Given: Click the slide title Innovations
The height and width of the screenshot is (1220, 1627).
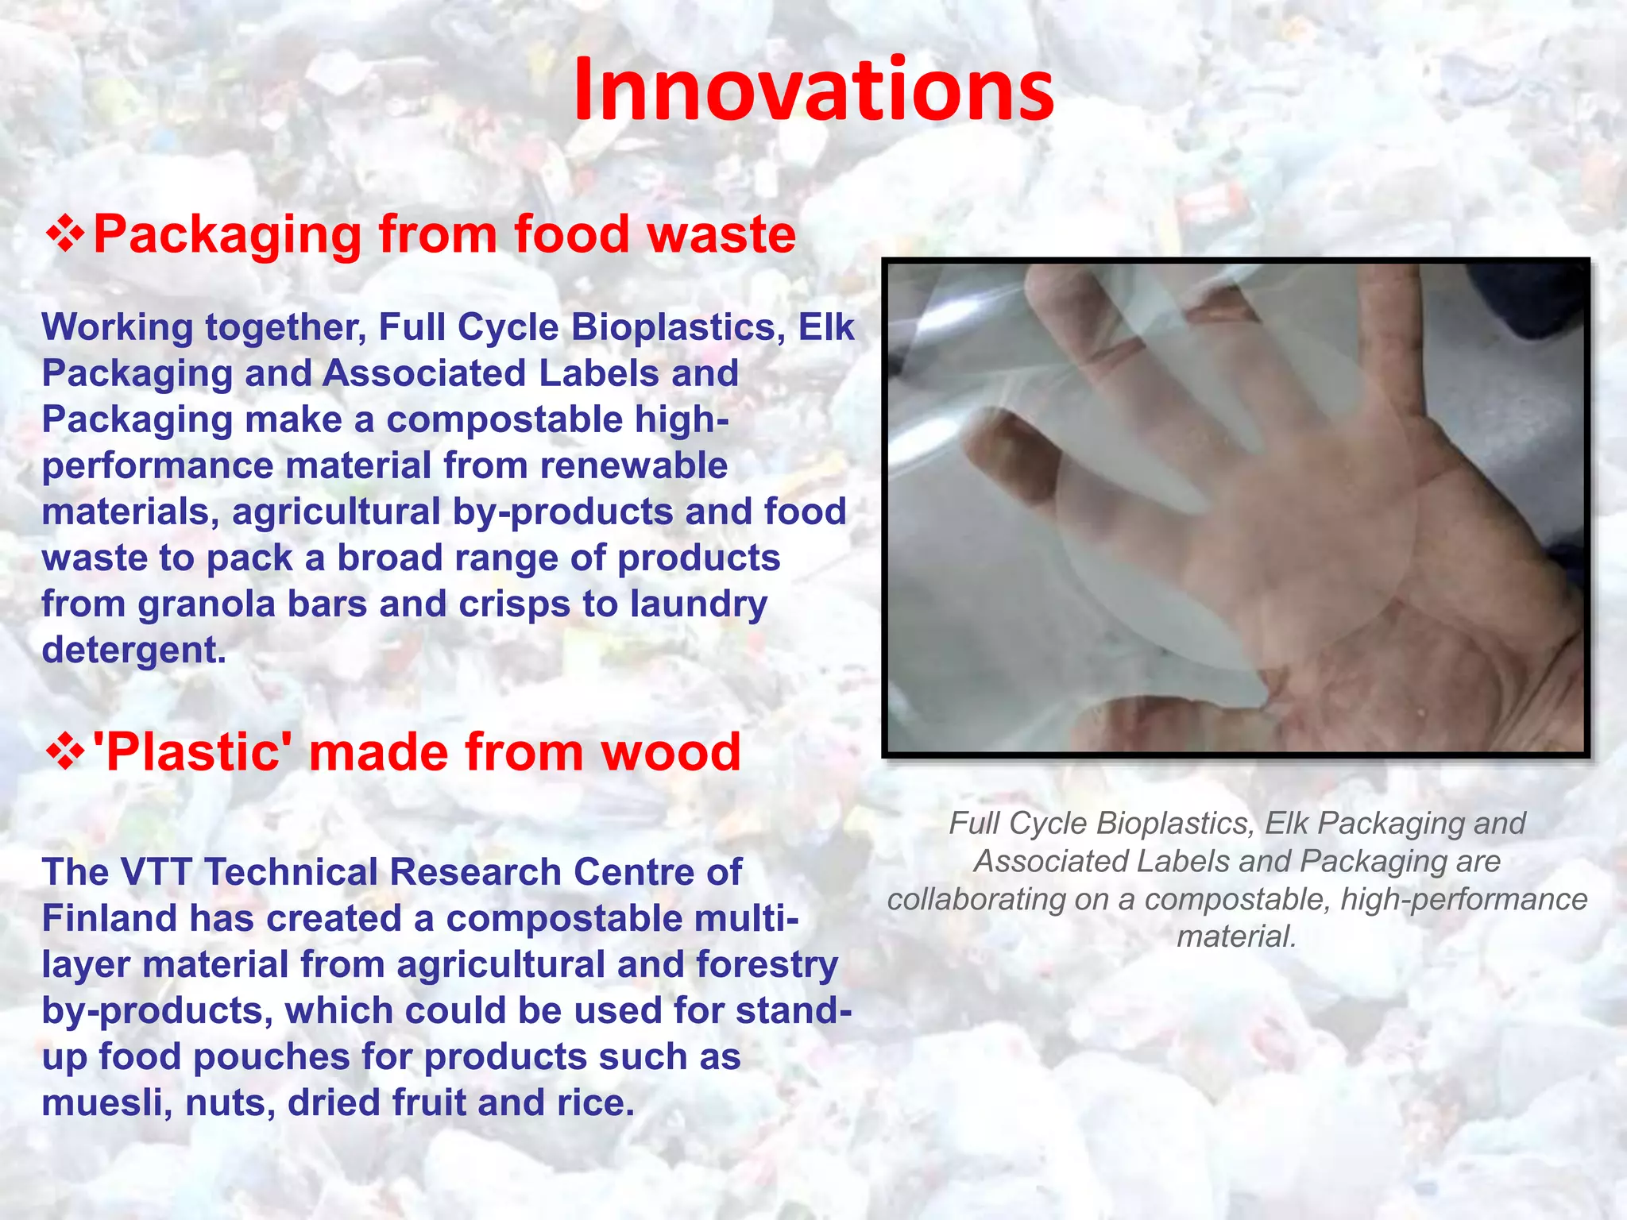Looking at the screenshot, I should click(813, 89).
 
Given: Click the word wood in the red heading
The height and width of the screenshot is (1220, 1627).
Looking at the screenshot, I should click(671, 752).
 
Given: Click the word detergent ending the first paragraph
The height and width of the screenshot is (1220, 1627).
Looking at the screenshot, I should click(133, 651).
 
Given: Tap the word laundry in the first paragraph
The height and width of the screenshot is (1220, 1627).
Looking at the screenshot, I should click(698, 604).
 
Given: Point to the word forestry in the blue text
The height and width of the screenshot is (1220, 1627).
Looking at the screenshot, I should click(767, 965).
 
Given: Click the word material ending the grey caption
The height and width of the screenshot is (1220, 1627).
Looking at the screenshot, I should click(1235, 937).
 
